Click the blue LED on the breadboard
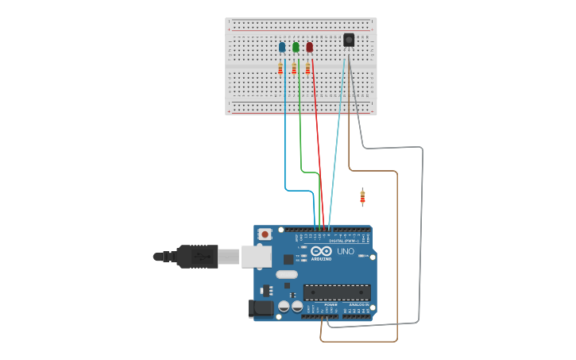pyautogui.click(x=282, y=47)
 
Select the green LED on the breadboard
pyautogui.click(x=296, y=47)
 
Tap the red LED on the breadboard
pyautogui.click(x=310, y=47)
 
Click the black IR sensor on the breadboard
pyautogui.click(x=349, y=40)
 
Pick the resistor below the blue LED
pyautogui.click(x=280, y=69)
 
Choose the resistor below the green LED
pyautogui.click(x=294, y=69)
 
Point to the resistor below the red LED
pyautogui.click(x=307, y=69)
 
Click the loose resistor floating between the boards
pyautogui.click(x=362, y=196)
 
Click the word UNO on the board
pyautogui.click(x=346, y=251)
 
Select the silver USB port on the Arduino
pyautogui.click(x=256, y=256)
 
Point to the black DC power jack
pyautogui.click(x=260, y=308)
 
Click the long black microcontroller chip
pyautogui.click(x=337, y=292)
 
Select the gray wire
pyautogui.click(x=421, y=238)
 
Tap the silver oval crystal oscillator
pyautogui.click(x=287, y=274)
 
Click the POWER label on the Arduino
pyautogui.click(x=331, y=304)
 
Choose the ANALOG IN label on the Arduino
pyautogui.click(x=358, y=304)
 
